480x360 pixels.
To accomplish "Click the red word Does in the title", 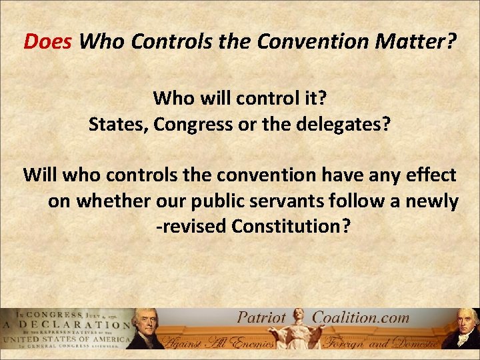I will (49, 43).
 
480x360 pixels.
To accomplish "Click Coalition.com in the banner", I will (360, 317).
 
